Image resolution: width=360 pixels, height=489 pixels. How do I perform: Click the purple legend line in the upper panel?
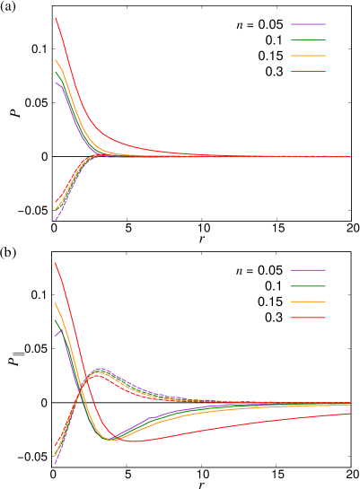(x=308, y=24)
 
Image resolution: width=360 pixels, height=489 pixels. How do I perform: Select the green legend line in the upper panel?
(x=308, y=39)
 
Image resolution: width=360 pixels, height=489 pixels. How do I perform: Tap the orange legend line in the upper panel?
(x=308, y=56)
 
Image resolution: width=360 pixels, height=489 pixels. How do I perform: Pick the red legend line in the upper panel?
(x=308, y=71)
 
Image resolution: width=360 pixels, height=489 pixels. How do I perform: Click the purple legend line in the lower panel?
(x=308, y=270)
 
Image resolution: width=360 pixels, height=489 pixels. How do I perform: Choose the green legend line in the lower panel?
(x=308, y=285)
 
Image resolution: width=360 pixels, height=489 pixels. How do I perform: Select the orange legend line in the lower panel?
(x=308, y=301)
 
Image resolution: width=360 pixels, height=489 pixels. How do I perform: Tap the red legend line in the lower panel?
(x=308, y=318)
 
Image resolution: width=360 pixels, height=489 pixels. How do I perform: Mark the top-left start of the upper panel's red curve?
(x=56, y=17)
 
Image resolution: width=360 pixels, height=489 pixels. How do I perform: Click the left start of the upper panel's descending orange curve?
(x=56, y=60)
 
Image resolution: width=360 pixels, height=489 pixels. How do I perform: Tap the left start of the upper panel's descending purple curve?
(x=56, y=82)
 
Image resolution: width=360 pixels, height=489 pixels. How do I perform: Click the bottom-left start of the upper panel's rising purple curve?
(x=56, y=220)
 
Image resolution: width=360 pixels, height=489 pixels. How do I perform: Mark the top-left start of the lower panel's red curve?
(x=55, y=262)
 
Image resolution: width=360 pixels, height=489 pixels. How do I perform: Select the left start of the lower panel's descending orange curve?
(x=55, y=303)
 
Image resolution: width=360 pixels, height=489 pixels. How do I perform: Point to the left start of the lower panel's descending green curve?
(x=55, y=319)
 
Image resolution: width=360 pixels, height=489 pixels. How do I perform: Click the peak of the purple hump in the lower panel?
(x=101, y=368)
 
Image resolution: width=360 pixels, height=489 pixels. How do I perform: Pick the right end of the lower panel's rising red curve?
(x=350, y=414)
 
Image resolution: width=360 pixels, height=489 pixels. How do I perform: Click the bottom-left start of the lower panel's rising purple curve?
(x=55, y=464)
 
